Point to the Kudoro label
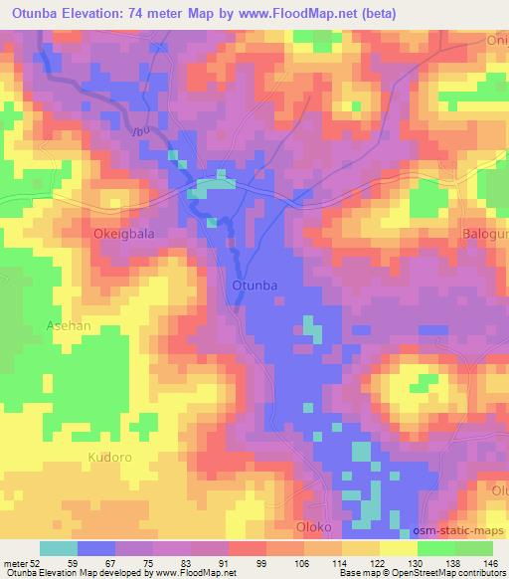coord(109,458)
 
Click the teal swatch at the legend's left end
coord(58,547)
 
